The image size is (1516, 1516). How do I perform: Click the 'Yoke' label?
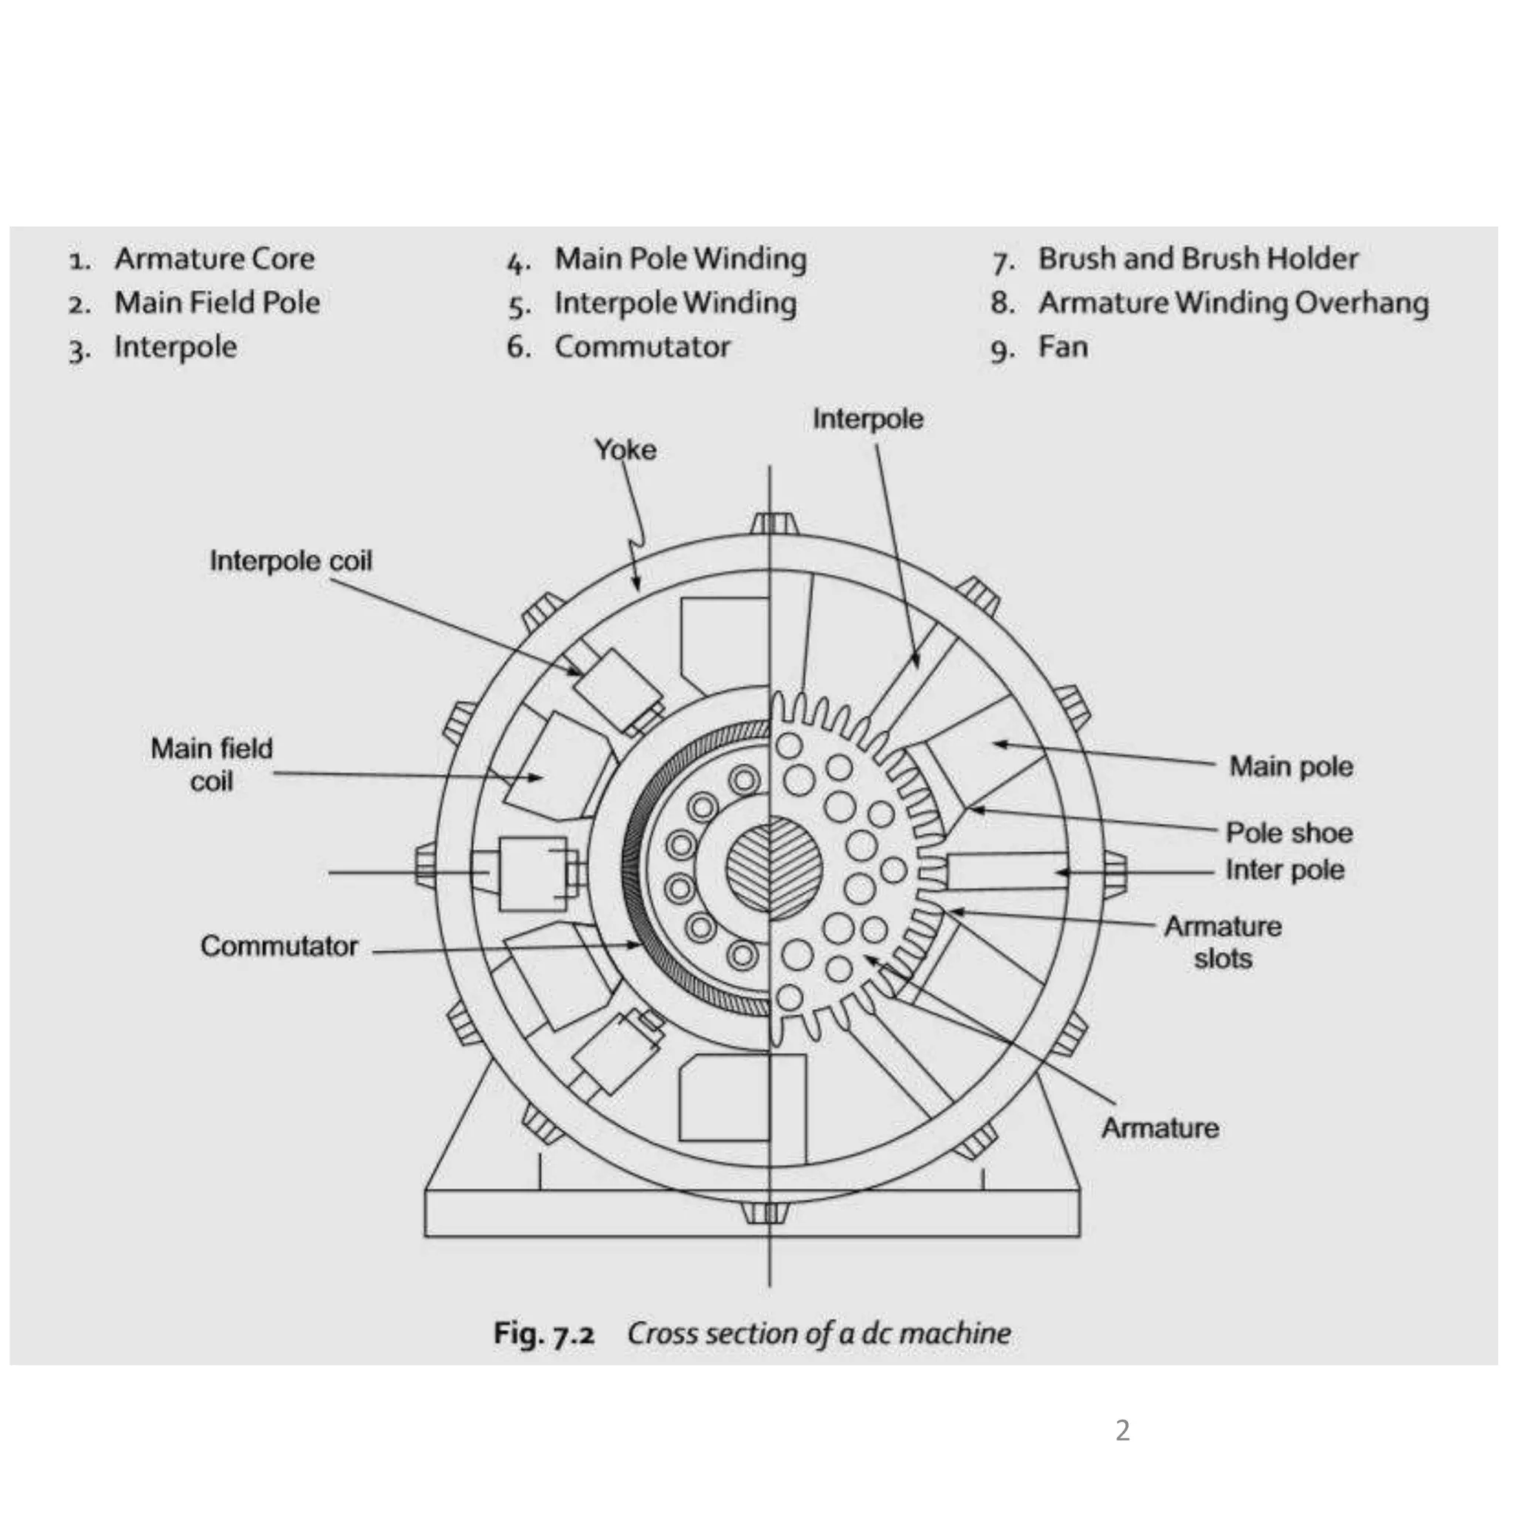pos(625,449)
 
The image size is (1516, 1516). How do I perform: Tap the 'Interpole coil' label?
pos(290,561)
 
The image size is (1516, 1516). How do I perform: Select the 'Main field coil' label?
pos(211,764)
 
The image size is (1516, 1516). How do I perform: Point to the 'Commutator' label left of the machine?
pos(278,945)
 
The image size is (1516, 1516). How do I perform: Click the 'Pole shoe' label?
pos(1289,833)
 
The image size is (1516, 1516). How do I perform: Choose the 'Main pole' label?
pos(1291,766)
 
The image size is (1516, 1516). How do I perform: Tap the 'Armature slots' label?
pos(1223,942)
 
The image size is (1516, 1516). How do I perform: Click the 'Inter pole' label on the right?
pos(1284,870)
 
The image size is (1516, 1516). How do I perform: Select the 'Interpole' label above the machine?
pos(868,419)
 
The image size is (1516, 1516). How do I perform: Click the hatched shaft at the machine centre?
pos(772,868)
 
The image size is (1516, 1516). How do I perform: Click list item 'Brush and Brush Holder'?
pos(1198,259)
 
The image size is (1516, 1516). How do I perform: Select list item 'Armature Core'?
pos(214,259)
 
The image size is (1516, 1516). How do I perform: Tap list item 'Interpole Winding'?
pos(675,303)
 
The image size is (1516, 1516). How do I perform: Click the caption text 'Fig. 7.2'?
pos(544,1333)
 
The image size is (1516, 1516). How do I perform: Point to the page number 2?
pos(1122,1429)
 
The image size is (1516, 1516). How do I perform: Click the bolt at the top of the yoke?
pos(772,523)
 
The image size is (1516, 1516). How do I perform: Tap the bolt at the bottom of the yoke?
pos(766,1213)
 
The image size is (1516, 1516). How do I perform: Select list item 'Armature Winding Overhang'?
pos(1232,303)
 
